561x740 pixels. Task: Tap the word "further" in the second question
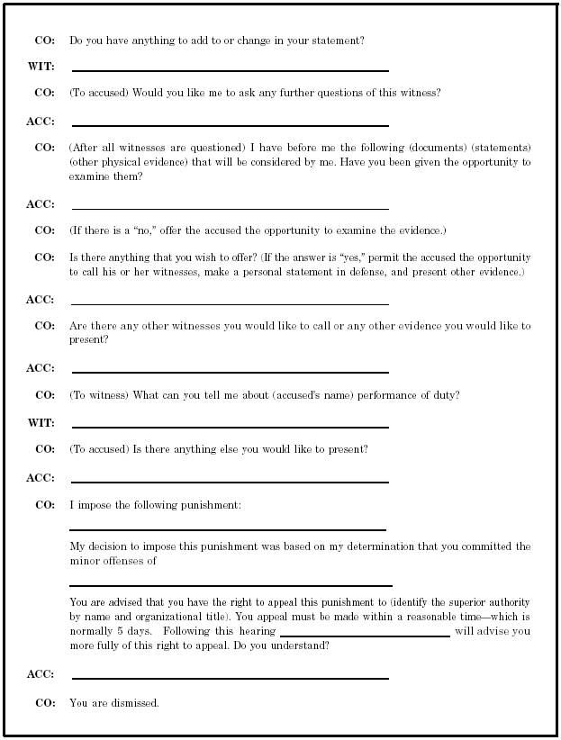pos(294,93)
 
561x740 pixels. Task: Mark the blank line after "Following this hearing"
pos(365,636)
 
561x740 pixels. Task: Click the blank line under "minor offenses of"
pos(231,585)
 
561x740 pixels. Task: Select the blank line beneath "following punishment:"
pos(228,529)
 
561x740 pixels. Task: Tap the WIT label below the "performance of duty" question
pos(41,423)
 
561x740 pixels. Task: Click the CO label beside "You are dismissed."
pos(44,702)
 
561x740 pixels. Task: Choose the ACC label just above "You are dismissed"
pos(40,674)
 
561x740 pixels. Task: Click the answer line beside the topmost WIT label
pos(230,70)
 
